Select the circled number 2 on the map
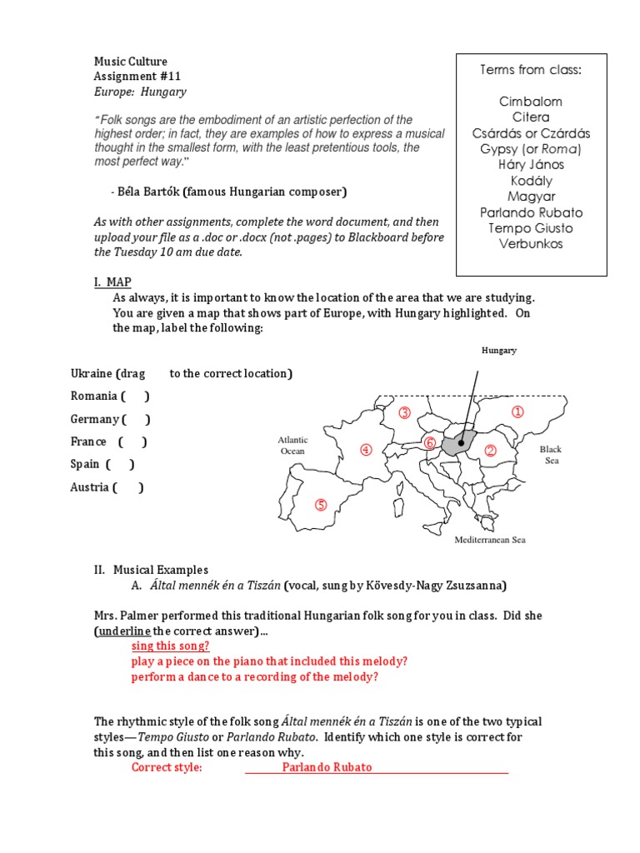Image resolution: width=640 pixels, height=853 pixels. (490, 451)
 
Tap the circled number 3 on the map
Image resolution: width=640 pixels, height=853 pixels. (405, 413)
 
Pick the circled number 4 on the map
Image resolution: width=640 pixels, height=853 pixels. (365, 450)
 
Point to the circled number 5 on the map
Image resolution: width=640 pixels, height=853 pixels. (321, 505)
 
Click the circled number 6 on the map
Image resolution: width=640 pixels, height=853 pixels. (430, 442)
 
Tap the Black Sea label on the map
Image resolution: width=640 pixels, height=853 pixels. (551, 455)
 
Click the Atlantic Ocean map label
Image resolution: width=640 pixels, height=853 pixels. (292, 445)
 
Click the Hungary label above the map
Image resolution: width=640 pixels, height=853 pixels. (499, 351)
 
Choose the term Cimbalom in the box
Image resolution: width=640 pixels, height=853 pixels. (531, 102)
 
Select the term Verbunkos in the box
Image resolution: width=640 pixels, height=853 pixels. (531, 244)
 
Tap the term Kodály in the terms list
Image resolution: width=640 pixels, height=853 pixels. (531, 181)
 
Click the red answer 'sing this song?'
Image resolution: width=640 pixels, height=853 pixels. (170, 646)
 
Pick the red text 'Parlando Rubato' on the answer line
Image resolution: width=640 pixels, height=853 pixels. (327, 767)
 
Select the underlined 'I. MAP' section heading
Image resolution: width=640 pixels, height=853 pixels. (112, 282)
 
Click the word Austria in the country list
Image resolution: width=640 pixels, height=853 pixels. (89, 487)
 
